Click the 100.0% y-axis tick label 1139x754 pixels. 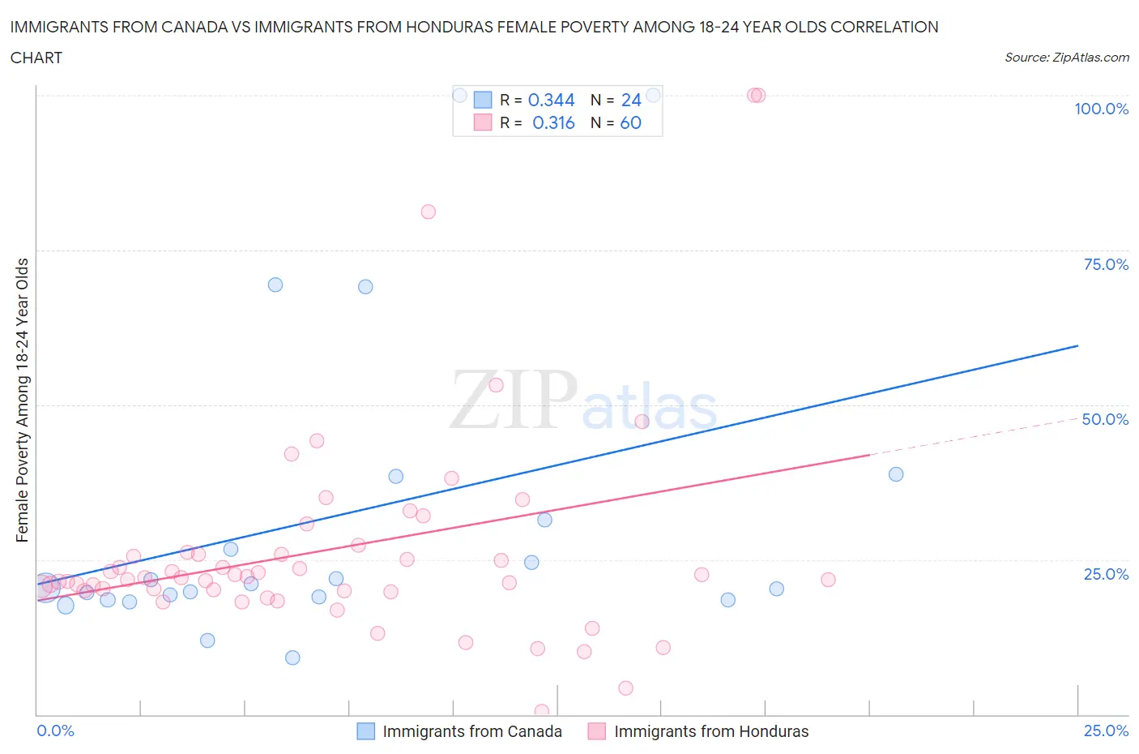point(1101,109)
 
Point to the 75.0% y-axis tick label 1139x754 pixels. point(1106,264)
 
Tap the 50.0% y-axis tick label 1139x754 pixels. point(1105,419)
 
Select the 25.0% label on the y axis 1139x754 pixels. point(1106,574)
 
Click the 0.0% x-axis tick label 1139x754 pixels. point(55,730)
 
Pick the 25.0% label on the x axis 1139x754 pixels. point(1106,730)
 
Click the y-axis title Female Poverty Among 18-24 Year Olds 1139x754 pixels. point(22,400)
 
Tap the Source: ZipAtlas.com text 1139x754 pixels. point(1066,58)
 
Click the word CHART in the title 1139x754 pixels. point(36,58)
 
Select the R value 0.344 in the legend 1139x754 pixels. point(551,100)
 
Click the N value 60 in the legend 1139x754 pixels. point(630,122)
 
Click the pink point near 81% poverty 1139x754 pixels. point(429,212)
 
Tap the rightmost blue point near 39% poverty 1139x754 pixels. point(896,474)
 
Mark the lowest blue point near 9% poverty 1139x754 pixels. point(292,658)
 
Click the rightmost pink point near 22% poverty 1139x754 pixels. point(828,580)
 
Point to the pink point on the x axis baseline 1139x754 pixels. point(542,711)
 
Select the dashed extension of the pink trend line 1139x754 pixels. point(972,437)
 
